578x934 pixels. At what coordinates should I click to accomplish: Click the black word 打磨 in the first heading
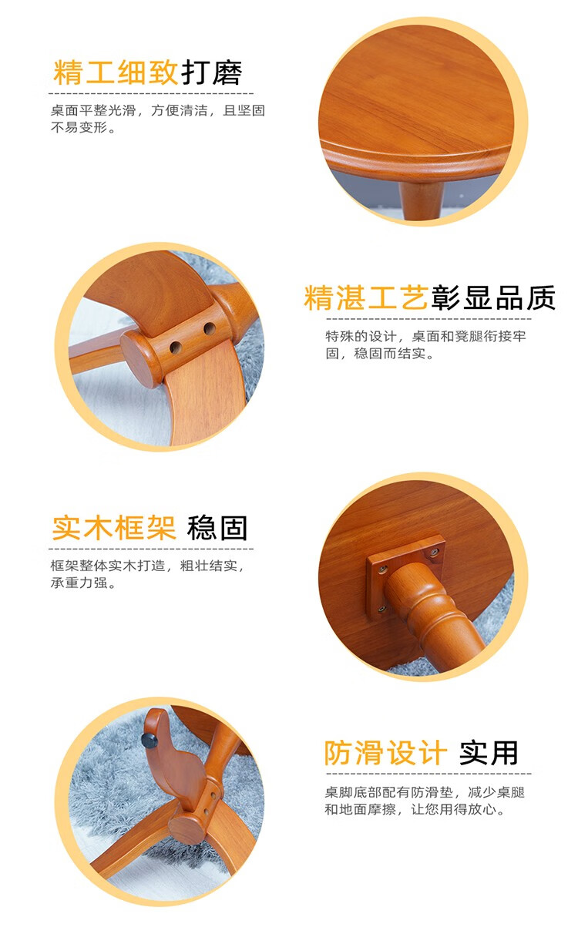pyautogui.click(x=212, y=73)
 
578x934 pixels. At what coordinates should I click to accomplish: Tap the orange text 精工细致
pyautogui.click(x=116, y=73)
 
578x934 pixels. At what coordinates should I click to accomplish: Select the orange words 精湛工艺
pyautogui.click(x=366, y=298)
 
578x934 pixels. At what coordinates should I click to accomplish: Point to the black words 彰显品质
pyautogui.click(x=493, y=298)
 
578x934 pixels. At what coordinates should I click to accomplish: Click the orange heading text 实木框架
pyautogui.click(x=114, y=528)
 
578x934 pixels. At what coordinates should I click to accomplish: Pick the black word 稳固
pyautogui.click(x=217, y=528)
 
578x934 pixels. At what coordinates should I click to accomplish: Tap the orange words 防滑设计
pyautogui.click(x=386, y=753)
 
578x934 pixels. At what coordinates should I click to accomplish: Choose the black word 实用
pyautogui.click(x=489, y=753)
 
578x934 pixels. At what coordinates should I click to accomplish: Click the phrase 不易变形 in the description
pyautogui.click(x=79, y=127)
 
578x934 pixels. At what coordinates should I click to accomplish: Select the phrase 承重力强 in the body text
pyautogui.click(x=79, y=583)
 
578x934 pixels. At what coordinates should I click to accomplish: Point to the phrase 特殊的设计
pyautogui.click(x=360, y=336)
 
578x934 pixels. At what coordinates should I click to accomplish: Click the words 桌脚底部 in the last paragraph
pyautogui.click(x=353, y=792)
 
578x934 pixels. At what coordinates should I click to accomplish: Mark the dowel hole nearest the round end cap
pyautogui.click(x=175, y=347)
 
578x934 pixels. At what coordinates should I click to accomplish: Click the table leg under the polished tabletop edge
pyautogui.click(x=420, y=200)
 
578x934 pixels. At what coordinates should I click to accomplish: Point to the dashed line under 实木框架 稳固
pyautogui.click(x=151, y=549)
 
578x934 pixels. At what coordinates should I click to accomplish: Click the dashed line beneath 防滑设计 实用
pyautogui.click(x=428, y=774)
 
